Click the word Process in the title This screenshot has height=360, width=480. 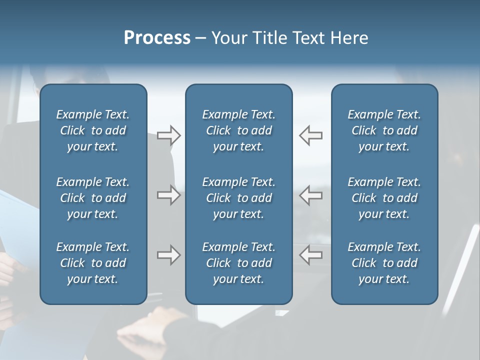coord(157,38)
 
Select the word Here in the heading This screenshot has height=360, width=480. coord(349,38)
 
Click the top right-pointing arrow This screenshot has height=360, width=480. coord(168,135)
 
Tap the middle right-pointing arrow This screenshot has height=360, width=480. coord(168,195)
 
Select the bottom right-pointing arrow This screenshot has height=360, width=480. coord(168,255)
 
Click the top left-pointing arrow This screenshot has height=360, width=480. coord(311,135)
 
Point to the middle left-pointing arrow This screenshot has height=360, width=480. coord(311,195)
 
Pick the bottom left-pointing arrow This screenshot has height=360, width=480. coord(311,255)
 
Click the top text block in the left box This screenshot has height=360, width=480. coord(93,130)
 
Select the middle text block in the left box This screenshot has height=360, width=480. coord(93,198)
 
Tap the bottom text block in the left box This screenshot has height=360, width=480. coord(93,263)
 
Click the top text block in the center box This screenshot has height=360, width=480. coord(238,130)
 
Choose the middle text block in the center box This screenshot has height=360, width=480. coord(238,198)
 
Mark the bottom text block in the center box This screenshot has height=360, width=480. coord(238,263)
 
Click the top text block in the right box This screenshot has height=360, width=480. coord(384,130)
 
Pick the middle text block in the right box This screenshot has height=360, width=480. coord(384,198)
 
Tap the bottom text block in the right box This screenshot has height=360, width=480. coord(384,263)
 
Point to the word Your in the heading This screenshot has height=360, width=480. coord(230,38)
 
